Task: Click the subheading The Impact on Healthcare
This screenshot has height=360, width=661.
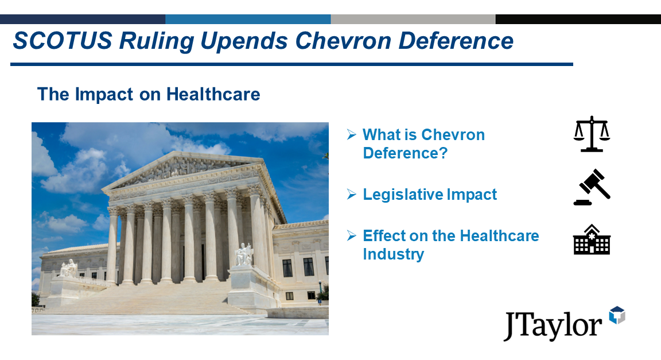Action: click(x=149, y=94)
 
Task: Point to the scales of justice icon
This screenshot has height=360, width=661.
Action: click(x=592, y=134)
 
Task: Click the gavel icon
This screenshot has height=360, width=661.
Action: click(x=592, y=187)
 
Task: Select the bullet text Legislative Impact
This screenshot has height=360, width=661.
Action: click(x=430, y=195)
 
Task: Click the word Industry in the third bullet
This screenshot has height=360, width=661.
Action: click(x=393, y=254)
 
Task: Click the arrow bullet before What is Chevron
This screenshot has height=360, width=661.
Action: click(x=351, y=135)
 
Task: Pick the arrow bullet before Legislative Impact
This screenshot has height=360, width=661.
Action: click(x=351, y=195)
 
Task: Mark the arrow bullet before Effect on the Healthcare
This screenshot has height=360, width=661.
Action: click(x=351, y=236)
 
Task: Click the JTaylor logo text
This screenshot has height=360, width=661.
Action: click(x=553, y=325)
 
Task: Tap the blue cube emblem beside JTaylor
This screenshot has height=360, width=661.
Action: click(x=617, y=315)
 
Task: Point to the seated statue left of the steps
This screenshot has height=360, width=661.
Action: click(x=68, y=268)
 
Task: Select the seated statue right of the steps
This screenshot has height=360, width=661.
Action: click(x=243, y=255)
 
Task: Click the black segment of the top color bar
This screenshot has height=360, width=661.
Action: click(x=578, y=19)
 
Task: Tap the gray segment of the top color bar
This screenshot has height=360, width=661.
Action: click(x=413, y=19)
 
